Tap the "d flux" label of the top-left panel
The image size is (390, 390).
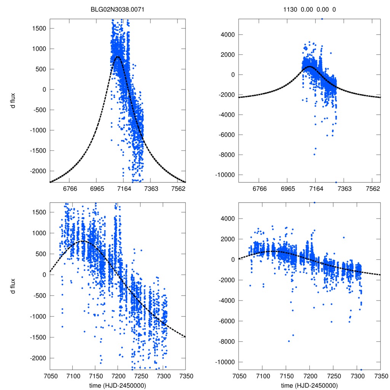click(x=13, y=101)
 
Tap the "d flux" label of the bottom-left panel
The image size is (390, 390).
click(x=13, y=285)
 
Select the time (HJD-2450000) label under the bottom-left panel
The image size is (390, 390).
click(x=118, y=385)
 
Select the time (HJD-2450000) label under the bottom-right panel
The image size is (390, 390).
click(x=309, y=385)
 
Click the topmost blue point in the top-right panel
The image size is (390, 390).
click(x=322, y=19)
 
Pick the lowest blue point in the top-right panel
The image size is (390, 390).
click(x=336, y=182)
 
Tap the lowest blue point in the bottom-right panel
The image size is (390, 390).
click(x=361, y=369)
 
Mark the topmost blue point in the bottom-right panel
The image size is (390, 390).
click(x=314, y=203)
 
